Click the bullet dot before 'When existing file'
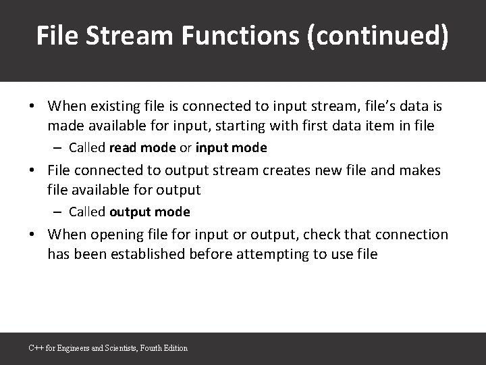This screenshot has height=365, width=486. tap(32, 107)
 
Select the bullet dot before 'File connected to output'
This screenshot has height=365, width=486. tap(32, 171)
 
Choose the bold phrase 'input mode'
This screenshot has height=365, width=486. tap(232, 147)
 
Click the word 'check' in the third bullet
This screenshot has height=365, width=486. tap(326, 235)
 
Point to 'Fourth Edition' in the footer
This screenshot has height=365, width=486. tap(168, 348)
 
